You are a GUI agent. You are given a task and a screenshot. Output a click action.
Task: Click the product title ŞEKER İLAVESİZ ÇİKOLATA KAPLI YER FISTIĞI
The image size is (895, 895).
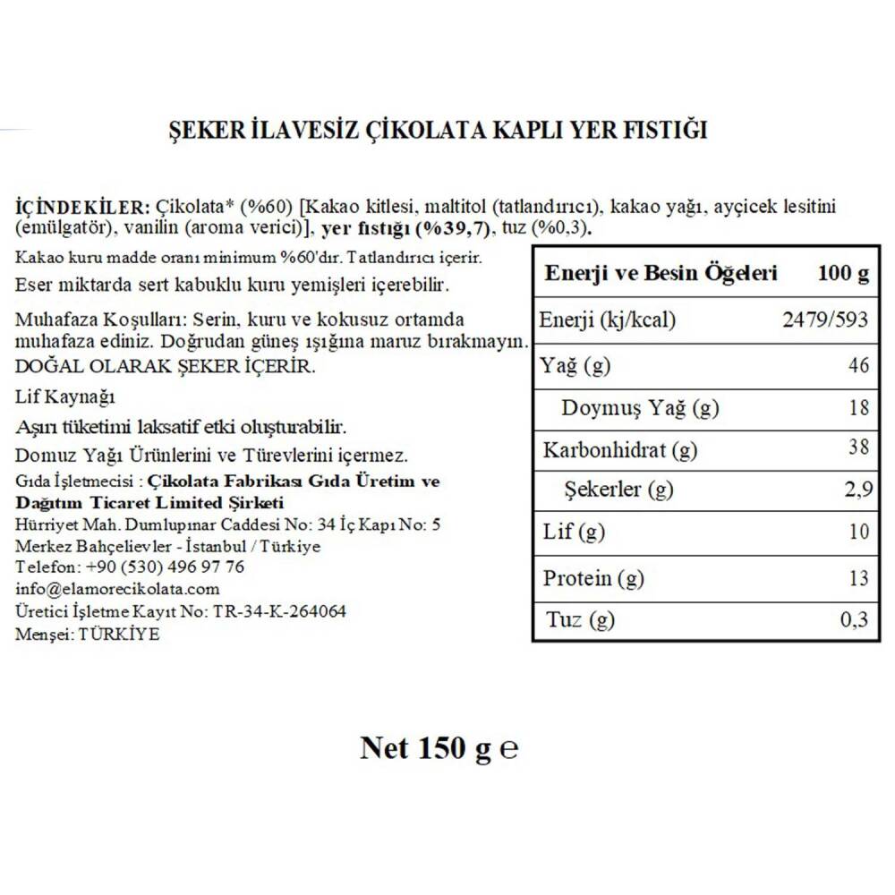point(439,131)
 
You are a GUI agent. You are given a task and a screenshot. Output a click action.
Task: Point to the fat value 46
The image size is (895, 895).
point(857,366)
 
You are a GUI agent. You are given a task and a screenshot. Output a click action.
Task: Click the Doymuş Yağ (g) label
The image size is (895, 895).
point(640,409)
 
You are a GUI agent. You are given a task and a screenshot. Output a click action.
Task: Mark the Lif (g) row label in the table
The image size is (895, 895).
point(574,533)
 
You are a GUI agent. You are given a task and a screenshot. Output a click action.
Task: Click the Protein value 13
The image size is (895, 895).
point(857,578)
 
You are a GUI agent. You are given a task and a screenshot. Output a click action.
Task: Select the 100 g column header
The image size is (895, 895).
point(843,274)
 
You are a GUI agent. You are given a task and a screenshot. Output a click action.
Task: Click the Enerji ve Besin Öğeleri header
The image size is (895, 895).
point(661,274)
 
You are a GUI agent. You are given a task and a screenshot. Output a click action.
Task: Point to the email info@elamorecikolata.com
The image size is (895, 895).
point(117,589)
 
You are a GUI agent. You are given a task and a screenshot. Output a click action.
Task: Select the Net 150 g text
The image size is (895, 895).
point(425,747)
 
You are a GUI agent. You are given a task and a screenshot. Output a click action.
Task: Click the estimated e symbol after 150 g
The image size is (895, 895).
point(508,749)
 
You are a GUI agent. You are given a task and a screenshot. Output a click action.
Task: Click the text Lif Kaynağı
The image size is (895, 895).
point(65,396)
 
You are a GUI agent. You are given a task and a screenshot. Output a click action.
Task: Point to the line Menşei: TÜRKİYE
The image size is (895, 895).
point(88,633)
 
